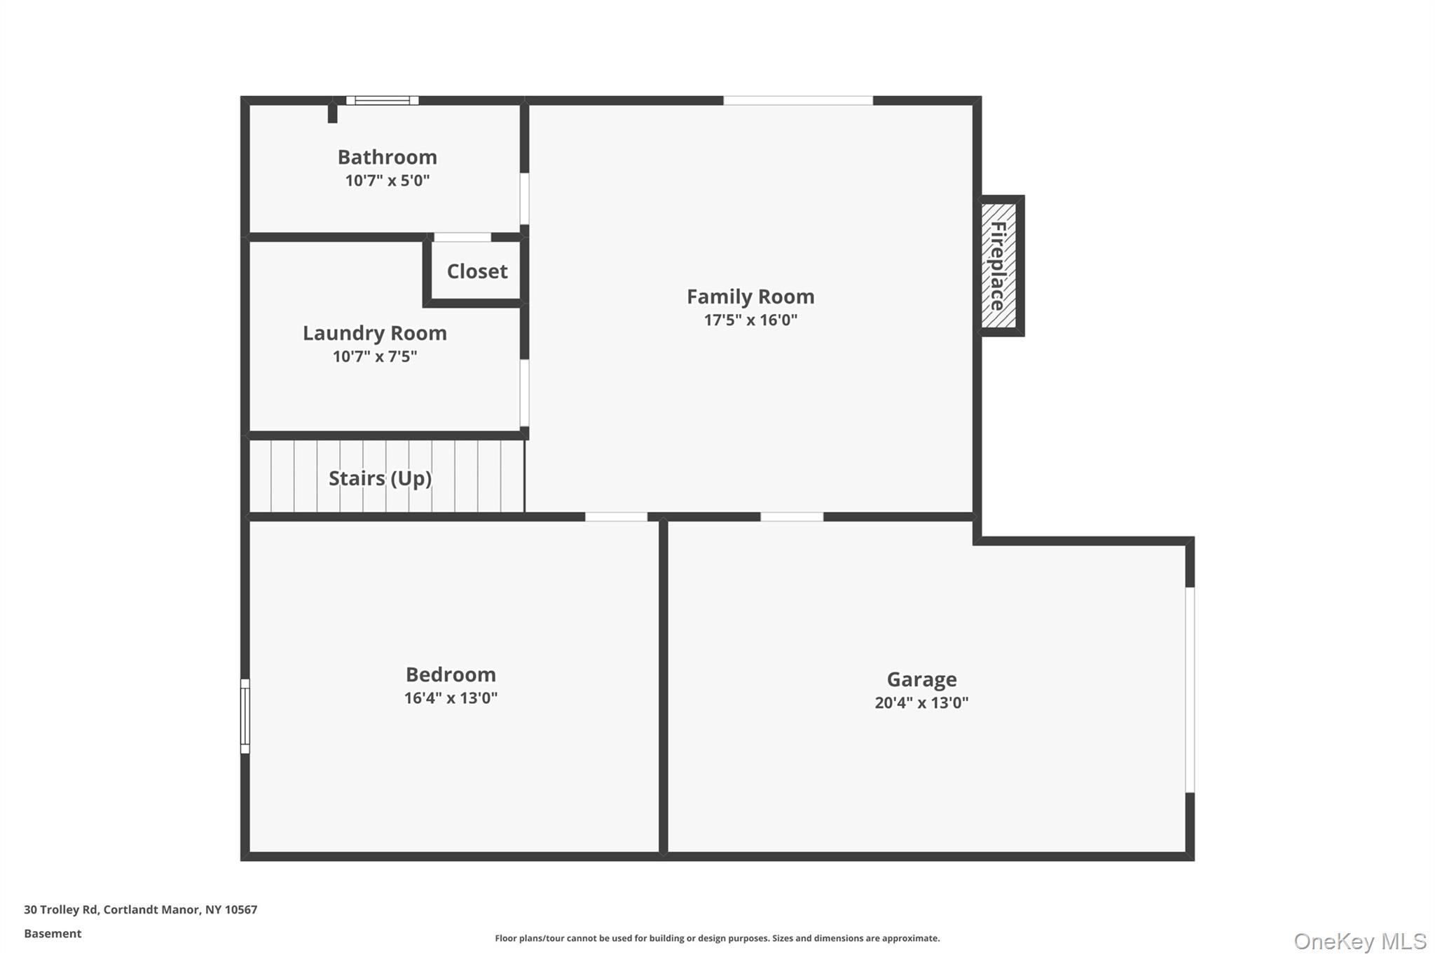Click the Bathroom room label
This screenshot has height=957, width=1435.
(387, 157)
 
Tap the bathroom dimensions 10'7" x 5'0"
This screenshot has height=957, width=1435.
(387, 181)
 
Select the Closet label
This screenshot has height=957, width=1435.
(476, 271)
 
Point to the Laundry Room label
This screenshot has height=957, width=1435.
(374, 333)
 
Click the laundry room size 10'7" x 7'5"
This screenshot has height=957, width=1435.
(374, 357)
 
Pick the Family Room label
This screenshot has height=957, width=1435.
(750, 297)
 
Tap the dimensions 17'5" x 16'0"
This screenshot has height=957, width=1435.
(750, 320)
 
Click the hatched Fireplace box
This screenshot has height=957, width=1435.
(998, 266)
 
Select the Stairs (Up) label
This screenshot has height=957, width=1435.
(380, 478)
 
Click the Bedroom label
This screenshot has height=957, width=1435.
(451, 674)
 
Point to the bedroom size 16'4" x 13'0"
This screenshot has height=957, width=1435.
(451, 698)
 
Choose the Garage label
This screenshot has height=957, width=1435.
(921, 679)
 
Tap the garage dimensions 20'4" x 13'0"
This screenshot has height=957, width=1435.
(921, 703)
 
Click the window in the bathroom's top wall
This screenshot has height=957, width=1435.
(382, 101)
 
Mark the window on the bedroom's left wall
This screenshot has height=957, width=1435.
(245, 716)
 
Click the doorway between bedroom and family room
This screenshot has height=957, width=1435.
(616, 517)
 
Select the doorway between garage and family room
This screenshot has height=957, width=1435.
(792, 517)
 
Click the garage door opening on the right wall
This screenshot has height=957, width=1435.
(1189, 690)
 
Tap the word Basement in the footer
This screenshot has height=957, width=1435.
(53, 934)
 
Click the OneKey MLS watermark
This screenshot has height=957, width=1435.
(1359, 941)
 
